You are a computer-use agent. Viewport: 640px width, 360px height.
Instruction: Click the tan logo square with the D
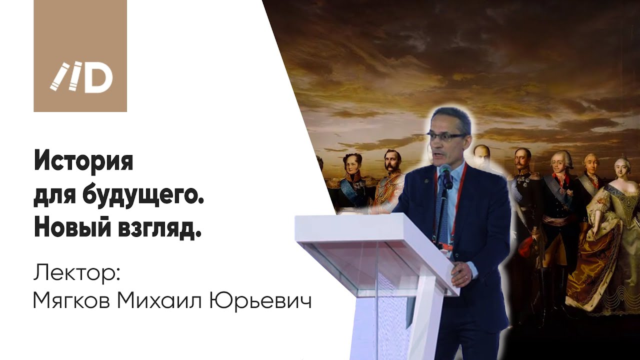pyautogui.click(x=80, y=56)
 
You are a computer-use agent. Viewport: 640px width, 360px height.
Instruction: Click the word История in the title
pyautogui.click(x=83, y=162)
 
